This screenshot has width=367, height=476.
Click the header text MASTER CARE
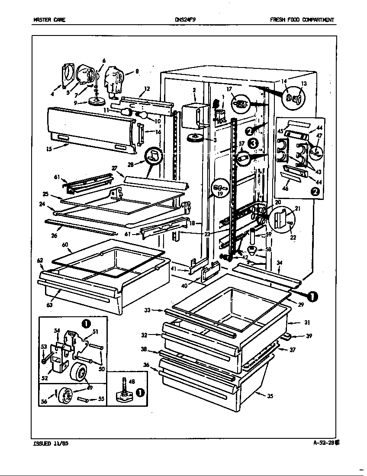(x=49, y=20)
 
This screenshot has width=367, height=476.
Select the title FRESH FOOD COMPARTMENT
(x=302, y=20)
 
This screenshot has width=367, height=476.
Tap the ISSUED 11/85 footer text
(x=50, y=443)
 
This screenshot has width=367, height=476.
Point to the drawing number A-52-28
(x=325, y=443)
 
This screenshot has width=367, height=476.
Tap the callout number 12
(x=147, y=89)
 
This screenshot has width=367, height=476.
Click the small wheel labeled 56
(x=66, y=395)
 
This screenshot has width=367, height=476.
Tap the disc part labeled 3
(x=196, y=139)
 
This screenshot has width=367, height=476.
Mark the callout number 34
(x=279, y=262)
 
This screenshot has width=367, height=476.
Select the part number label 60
(x=65, y=244)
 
